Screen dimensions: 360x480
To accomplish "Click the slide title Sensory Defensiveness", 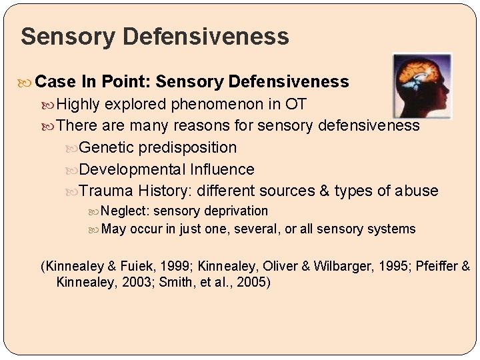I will point(155,36).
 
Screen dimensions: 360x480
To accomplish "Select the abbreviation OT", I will point(296,104).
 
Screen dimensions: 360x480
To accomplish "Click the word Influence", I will point(222,169).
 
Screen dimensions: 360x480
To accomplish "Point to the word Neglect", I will point(125,211).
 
